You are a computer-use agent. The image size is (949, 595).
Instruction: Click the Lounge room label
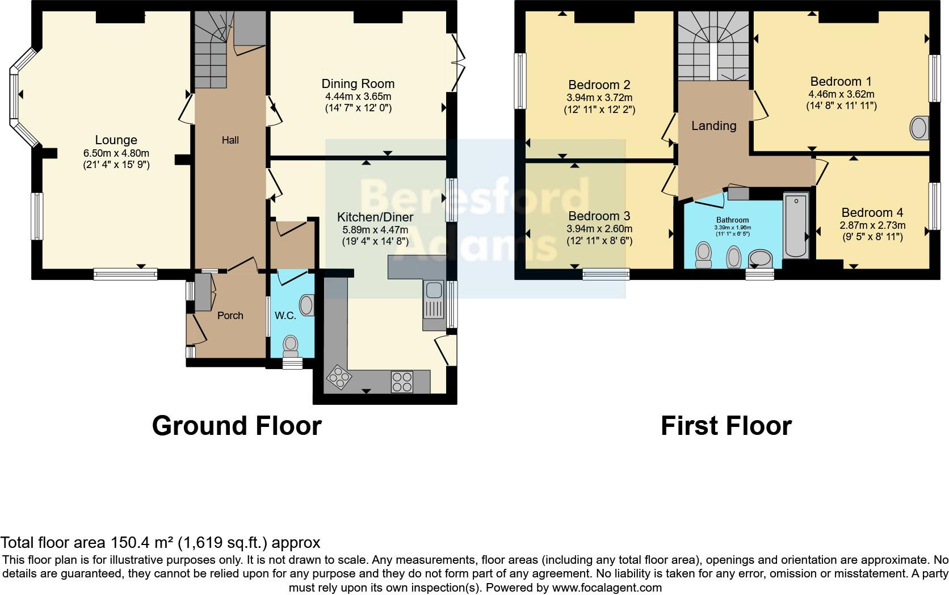coord(116,140)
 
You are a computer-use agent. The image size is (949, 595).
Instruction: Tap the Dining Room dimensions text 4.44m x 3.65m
coord(358,96)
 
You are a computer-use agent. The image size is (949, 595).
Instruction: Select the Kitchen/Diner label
coord(375,217)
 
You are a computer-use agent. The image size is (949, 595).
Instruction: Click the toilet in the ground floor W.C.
coord(291,345)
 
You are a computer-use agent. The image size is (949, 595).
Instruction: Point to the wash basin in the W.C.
coord(307,305)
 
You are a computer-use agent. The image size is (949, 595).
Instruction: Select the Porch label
coord(230,315)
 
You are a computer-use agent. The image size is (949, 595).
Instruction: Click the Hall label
coord(230,140)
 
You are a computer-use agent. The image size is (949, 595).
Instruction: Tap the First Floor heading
coord(725,426)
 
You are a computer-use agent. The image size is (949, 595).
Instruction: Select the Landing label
coord(713,125)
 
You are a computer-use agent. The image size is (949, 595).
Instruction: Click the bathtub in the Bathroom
coord(796,226)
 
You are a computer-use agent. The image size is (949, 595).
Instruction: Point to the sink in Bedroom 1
coord(919,128)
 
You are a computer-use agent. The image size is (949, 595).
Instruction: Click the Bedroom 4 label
coord(872,212)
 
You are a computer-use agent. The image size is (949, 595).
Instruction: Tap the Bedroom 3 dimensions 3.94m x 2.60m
coord(599,229)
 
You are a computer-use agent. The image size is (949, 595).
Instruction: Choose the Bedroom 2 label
coord(599,85)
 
